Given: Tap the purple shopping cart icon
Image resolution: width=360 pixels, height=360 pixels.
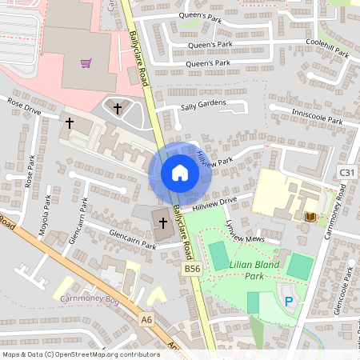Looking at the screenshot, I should tap(86, 63).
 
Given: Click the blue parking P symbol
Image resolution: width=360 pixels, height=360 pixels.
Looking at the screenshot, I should tap(289, 301).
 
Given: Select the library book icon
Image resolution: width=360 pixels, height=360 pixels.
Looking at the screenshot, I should tap(310, 217).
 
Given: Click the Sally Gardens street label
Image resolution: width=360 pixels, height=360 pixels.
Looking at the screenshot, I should tap(203, 104).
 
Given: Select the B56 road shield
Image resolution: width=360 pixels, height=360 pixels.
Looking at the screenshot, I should tap(192, 270).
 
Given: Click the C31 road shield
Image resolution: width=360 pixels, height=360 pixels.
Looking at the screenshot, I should tap(346, 173).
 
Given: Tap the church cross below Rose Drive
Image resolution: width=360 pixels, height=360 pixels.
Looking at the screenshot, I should tap(70, 123).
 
